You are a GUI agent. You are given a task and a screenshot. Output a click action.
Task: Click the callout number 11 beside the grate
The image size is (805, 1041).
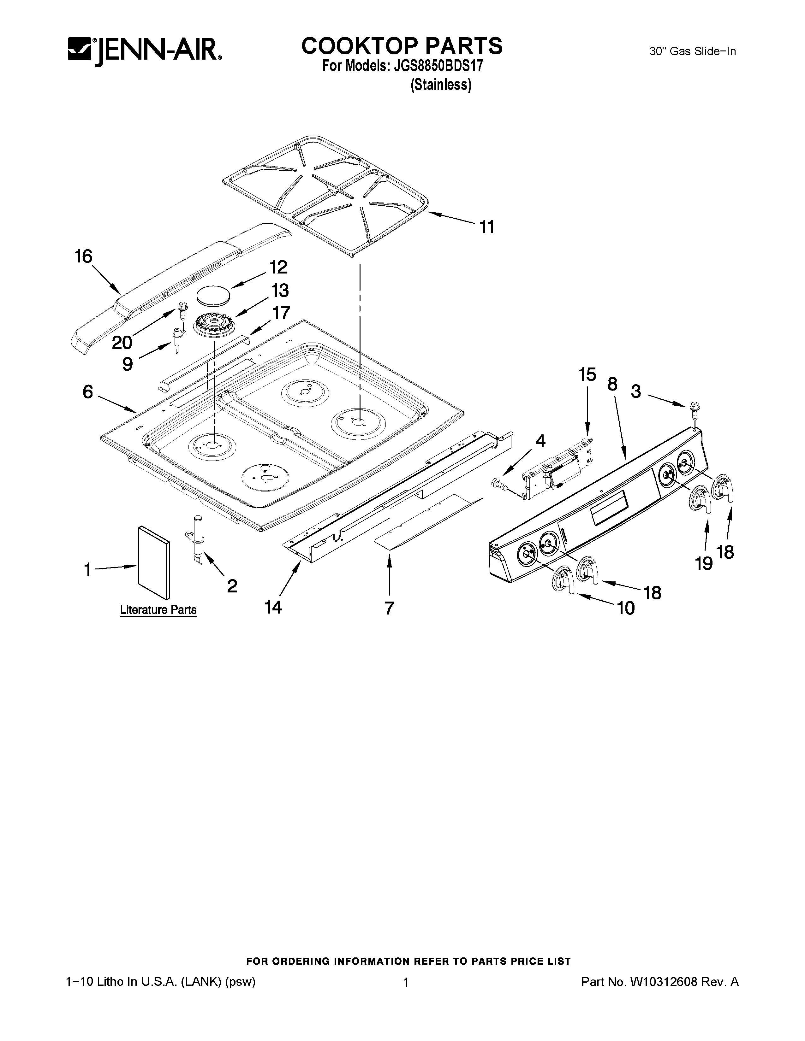click(x=486, y=227)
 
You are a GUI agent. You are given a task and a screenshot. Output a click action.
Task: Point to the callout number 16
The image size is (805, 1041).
click(x=83, y=257)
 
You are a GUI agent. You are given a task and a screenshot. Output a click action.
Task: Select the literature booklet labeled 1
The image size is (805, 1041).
click(x=153, y=562)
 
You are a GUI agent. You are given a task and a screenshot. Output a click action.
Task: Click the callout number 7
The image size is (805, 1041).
click(x=389, y=608)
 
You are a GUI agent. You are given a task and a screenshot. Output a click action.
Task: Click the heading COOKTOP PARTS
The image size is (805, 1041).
click(x=402, y=46)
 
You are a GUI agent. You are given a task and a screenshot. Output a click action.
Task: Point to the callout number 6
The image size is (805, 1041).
click(x=88, y=392)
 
